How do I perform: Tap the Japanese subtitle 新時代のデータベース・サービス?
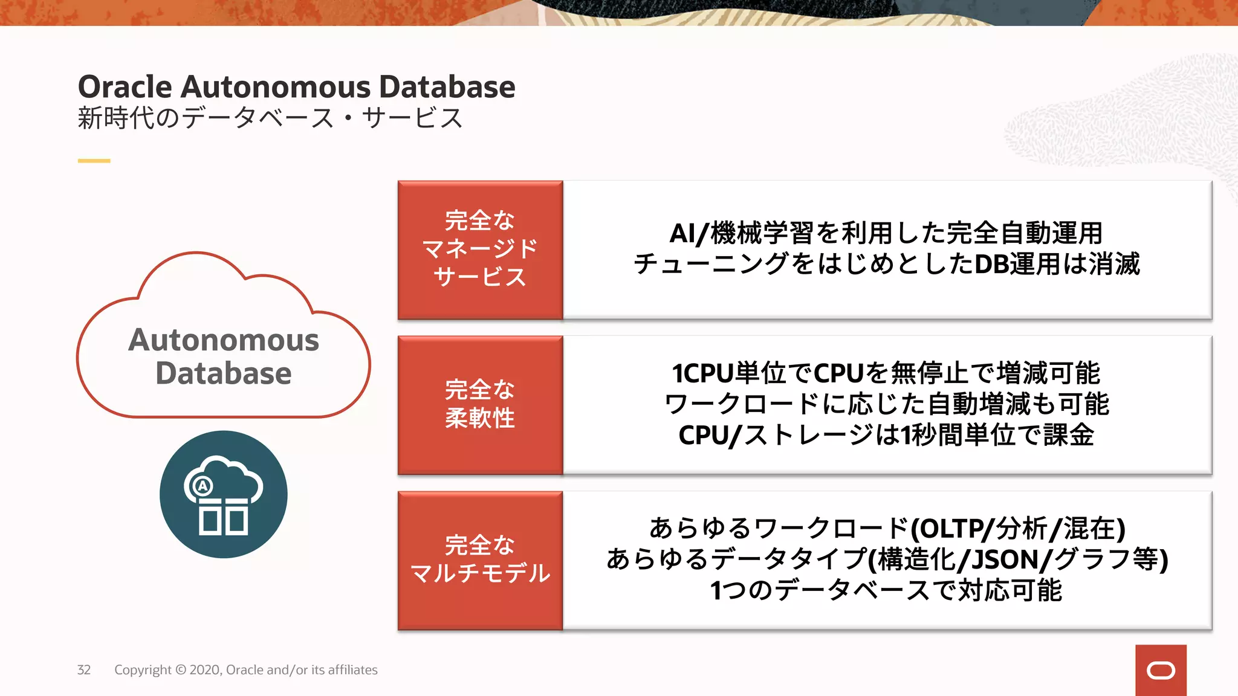(270, 118)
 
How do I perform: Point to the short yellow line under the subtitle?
(94, 161)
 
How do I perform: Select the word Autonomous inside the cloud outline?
(223, 340)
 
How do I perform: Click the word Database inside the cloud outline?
(223, 373)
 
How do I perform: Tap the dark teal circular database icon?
(223, 494)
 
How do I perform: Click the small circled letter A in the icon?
(202, 486)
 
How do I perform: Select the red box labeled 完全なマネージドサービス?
(480, 250)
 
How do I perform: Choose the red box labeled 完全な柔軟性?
(480, 405)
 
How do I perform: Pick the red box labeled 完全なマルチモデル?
(480, 560)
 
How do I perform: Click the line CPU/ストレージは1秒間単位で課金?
(886, 435)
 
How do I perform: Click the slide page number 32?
(83, 670)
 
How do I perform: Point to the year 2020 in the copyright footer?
(205, 670)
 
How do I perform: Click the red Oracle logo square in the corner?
(1161, 670)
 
